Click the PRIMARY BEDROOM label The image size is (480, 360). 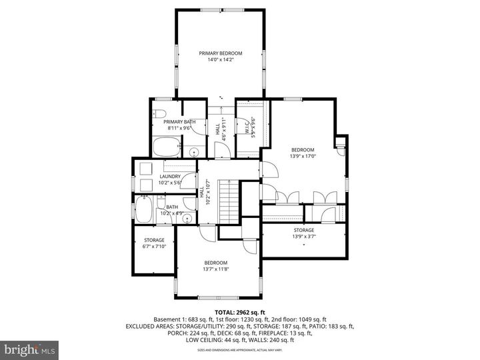(221, 53)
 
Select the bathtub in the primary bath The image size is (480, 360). (166, 147)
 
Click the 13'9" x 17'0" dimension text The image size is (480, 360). (302, 157)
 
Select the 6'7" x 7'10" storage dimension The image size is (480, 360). (154, 246)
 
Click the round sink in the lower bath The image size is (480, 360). (188, 217)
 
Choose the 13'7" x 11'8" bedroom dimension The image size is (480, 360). (215, 269)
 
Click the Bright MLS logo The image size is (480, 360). (29, 350)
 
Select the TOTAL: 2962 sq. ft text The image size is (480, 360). (239, 312)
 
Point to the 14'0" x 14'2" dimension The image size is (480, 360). (221, 60)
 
